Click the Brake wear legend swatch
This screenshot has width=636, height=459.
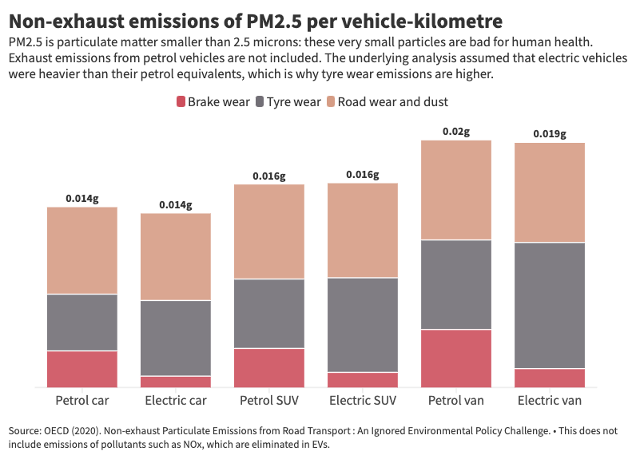pyautogui.click(x=180, y=101)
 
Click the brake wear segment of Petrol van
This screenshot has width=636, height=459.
pyautogui.click(x=455, y=358)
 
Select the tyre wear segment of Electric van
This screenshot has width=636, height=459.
pyautogui.click(x=550, y=305)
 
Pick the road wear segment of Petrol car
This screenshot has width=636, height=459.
pyautogui.click(x=82, y=251)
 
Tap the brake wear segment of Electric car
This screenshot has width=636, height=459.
pyautogui.click(x=176, y=382)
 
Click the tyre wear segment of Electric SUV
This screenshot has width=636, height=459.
pyautogui.click(x=363, y=325)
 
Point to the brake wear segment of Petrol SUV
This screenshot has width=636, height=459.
pyautogui.click(x=269, y=367)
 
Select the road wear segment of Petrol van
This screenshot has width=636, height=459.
pyautogui.click(x=455, y=190)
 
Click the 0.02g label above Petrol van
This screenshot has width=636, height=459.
pyautogui.click(x=455, y=131)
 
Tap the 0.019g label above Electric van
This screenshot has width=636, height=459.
pyautogui.click(x=550, y=134)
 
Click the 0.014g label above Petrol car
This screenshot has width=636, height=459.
pyautogui.click(x=82, y=198)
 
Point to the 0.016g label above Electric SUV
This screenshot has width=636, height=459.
pyautogui.click(x=363, y=174)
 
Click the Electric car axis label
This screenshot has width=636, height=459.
pyautogui.click(x=176, y=400)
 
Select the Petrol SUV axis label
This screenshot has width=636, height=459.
pyautogui.click(x=269, y=400)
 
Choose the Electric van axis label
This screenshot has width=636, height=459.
pyautogui.click(x=550, y=400)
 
